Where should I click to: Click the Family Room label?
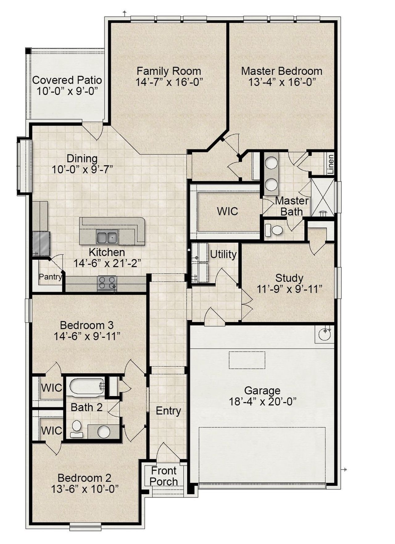[169, 71]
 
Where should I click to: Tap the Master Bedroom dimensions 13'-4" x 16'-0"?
[281, 82]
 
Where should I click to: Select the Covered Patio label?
[67, 80]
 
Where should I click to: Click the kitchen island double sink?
[106, 237]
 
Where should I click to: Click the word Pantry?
[50, 277]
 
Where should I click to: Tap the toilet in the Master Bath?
[274, 230]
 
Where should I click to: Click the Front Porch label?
[164, 476]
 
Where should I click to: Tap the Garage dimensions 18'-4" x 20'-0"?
[262, 402]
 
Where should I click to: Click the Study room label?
[289, 278]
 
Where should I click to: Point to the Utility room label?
[223, 254]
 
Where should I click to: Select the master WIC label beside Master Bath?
[227, 211]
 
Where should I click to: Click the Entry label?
[168, 411]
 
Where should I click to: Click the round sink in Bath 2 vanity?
[104, 432]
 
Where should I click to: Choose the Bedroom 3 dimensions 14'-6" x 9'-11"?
[87, 336]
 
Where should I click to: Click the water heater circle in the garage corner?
[324, 334]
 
